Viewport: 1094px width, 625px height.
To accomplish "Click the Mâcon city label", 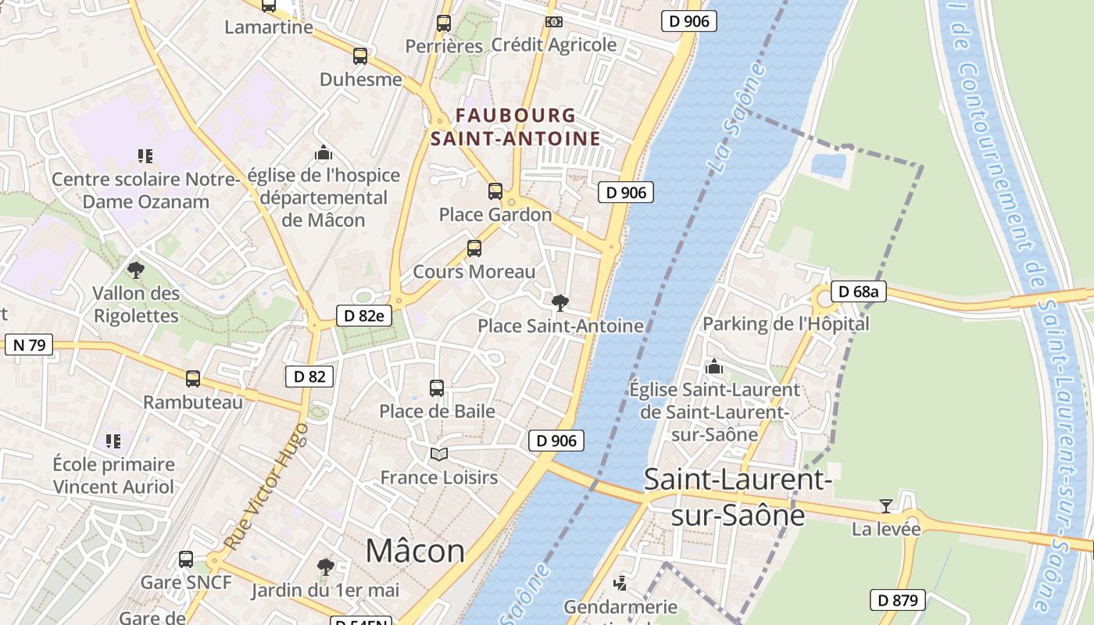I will [415, 551].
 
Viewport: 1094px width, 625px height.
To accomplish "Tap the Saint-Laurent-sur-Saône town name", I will [738, 497].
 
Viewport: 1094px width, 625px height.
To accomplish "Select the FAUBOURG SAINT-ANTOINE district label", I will [516, 127].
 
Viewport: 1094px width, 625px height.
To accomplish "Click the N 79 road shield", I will [29, 345].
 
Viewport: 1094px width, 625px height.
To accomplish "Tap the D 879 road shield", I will [898, 600].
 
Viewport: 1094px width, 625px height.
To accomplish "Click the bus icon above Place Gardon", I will [495, 191].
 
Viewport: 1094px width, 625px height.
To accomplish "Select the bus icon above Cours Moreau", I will [474, 248].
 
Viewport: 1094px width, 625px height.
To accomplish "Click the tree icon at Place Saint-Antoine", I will [560, 303].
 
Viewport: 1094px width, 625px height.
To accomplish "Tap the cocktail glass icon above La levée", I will [885, 506].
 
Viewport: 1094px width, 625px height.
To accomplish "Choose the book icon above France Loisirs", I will [439, 454].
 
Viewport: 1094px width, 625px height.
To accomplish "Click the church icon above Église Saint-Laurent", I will [713, 366].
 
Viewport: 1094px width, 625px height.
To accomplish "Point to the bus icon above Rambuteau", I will [192, 379].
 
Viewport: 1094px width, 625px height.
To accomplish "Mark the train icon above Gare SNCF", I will [185, 559].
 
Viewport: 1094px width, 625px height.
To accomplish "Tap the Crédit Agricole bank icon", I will [554, 22].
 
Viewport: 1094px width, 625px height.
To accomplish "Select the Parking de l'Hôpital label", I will [785, 323].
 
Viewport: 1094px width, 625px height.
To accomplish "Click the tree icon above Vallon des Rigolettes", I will [136, 270].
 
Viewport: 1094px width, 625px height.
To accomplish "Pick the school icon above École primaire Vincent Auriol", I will [114, 441].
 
